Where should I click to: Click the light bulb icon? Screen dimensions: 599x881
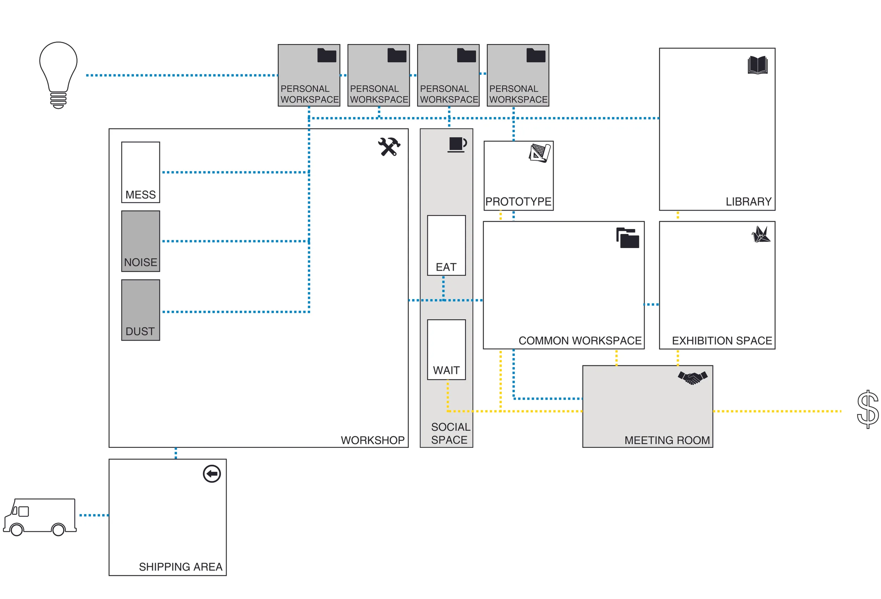pos(58,75)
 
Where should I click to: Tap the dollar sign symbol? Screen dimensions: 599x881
pos(867,409)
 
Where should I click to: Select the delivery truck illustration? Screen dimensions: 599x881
pos(40,516)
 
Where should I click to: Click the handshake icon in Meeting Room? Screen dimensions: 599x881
pos(692,378)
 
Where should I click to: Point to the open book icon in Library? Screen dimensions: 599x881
pos(757,65)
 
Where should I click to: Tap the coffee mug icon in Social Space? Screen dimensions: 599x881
pos(457,144)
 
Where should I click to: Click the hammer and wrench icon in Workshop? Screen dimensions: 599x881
pos(389,147)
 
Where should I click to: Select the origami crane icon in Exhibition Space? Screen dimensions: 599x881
pos(760,234)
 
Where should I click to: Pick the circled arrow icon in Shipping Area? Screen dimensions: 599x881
pos(211,474)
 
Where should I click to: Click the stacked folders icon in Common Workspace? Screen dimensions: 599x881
pos(627,238)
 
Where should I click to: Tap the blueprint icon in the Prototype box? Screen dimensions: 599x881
pos(540,153)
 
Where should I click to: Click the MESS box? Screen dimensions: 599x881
pos(140,172)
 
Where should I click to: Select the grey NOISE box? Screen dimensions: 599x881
pos(140,241)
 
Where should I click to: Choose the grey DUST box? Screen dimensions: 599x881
pos(140,310)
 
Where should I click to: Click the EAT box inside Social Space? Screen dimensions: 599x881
pos(446,245)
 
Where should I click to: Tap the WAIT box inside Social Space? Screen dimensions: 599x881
pos(446,349)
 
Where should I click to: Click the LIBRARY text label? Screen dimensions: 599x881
pos(748,202)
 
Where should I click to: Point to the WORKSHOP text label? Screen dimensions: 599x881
pos(372,440)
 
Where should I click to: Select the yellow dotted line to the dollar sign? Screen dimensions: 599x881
pos(777,411)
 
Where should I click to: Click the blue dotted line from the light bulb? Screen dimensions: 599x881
pos(182,75)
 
